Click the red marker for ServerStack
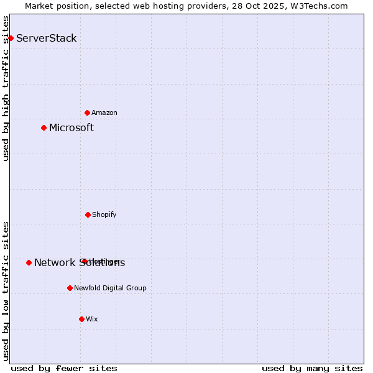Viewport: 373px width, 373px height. [11, 38]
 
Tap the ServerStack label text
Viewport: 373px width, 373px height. [46, 38]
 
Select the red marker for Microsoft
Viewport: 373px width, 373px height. [44, 127]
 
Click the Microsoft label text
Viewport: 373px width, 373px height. [71, 127]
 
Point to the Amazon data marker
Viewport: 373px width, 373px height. [87, 113]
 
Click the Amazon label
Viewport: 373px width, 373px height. [104, 113]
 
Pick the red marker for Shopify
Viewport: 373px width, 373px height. [88, 214]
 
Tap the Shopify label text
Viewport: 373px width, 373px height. [104, 214]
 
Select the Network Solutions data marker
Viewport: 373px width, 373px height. [29, 262]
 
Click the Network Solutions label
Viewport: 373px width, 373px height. [80, 263]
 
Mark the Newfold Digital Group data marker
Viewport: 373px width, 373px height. [70, 288]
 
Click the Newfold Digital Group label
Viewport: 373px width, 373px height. [110, 288]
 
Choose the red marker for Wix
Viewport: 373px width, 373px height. [81, 319]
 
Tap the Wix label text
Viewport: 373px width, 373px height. [92, 319]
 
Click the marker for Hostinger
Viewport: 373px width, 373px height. [84, 261]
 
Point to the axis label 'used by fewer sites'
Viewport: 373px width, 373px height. [64, 368]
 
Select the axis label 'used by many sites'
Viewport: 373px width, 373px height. [312, 368]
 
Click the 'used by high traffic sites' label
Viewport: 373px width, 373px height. [6, 88]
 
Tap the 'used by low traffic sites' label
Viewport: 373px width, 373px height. [6, 291]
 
